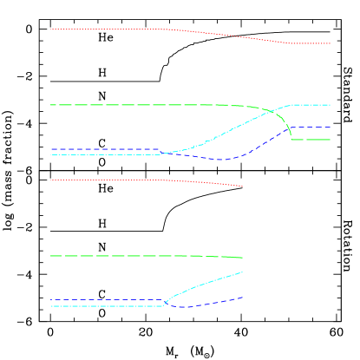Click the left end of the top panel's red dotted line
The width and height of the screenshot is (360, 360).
[x=50, y=29]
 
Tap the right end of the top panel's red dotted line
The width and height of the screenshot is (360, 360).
[x=331, y=43]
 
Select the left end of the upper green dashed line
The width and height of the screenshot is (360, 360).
[x=50, y=105]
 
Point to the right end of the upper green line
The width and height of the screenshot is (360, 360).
[x=331, y=139]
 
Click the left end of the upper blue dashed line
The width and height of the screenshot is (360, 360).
[x=50, y=149]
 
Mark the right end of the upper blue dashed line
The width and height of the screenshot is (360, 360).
[x=331, y=128]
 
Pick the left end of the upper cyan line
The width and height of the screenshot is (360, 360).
[x=50, y=154]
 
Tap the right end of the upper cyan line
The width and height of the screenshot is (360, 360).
[x=331, y=105]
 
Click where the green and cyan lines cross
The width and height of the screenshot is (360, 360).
[x=272, y=112]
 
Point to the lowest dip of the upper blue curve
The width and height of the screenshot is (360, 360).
[x=221, y=160]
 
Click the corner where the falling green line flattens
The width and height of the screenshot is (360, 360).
[x=292, y=139]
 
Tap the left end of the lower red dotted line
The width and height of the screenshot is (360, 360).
[x=50, y=180]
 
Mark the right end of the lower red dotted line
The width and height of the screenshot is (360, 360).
[x=242, y=187]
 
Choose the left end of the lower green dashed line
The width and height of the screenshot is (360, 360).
[x=50, y=256]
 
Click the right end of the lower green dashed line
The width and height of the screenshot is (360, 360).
[x=242, y=258]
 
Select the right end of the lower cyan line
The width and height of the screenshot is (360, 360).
[x=242, y=272]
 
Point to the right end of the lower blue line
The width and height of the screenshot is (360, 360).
[x=242, y=298]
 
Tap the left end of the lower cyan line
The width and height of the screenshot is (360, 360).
[x=50, y=306]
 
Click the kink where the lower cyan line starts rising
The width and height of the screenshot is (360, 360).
[x=163, y=305]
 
